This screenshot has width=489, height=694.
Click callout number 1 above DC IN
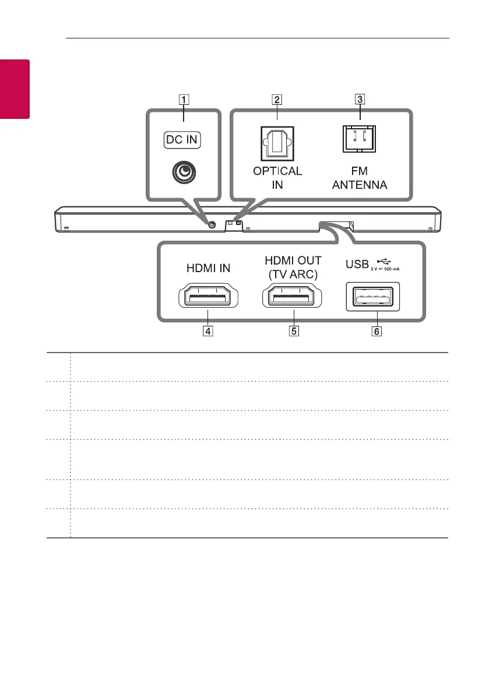pos(184,100)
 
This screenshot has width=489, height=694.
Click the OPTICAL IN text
pos(277,178)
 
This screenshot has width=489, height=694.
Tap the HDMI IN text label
pos(207,268)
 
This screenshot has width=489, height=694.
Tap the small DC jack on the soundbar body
pos(211,224)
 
